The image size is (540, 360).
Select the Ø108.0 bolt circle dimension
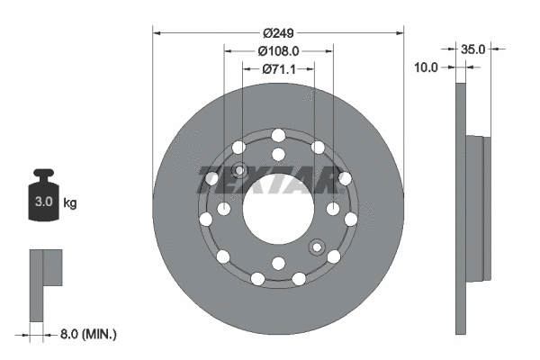click(278, 51)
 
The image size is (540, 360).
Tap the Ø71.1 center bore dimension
click(278, 68)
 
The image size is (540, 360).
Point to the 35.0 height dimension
click(473, 49)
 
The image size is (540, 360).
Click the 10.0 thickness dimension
click(426, 67)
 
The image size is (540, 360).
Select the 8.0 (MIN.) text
click(87, 334)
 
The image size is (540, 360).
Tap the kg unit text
click(70, 203)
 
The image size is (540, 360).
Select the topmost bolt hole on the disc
click(277, 135)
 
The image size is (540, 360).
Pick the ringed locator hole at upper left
click(239, 171)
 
